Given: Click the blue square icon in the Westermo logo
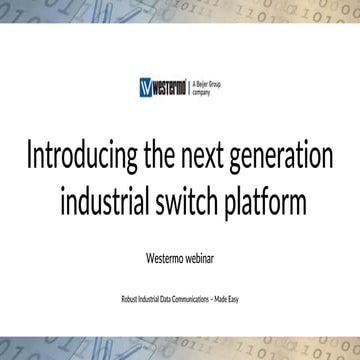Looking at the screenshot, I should [147, 87].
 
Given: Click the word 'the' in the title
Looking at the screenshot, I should [162, 157].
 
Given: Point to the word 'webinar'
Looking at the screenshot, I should [201, 255].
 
